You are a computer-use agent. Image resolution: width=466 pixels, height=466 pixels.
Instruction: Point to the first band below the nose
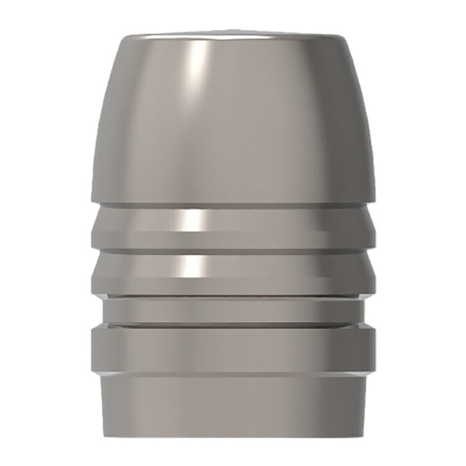(232, 226)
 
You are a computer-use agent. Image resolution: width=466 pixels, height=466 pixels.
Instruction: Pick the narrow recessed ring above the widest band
(232, 310)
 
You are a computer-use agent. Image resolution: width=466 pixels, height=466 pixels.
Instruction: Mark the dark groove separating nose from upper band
(232, 205)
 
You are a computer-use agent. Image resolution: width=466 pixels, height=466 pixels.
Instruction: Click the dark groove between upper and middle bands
(232, 250)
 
